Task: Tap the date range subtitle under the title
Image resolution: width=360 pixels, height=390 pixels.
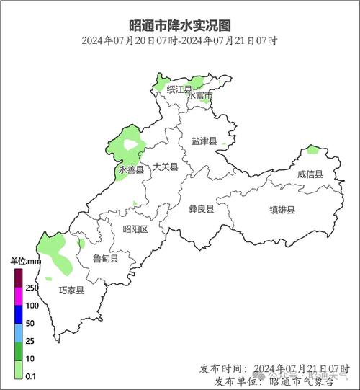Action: click(x=180, y=40)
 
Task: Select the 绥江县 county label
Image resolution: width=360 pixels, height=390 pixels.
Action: click(x=179, y=89)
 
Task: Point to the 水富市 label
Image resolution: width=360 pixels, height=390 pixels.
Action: click(x=200, y=96)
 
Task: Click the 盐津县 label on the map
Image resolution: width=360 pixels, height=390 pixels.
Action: click(x=204, y=141)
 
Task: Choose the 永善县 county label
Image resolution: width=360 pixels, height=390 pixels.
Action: click(x=131, y=170)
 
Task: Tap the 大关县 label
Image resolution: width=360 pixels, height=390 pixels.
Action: click(x=166, y=167)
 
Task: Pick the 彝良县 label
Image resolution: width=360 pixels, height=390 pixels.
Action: click(x=202, y=209)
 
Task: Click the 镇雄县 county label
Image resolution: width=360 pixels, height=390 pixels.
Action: click(x=282, y=210)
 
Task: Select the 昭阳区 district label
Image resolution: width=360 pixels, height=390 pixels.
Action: click(x=135, y=229)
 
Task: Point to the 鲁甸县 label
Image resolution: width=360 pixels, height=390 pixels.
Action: click(x=106, y=258)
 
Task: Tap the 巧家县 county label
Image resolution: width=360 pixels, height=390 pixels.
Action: click(x=71, y=291)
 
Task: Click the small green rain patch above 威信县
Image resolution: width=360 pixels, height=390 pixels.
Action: click(x=312, y=150)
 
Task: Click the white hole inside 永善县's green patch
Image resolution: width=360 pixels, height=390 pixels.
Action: click(x=130, y=145)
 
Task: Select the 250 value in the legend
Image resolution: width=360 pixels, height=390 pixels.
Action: click(x=32, y=288)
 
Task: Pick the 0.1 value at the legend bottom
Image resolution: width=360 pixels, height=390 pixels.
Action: click(x=32, y=377)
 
